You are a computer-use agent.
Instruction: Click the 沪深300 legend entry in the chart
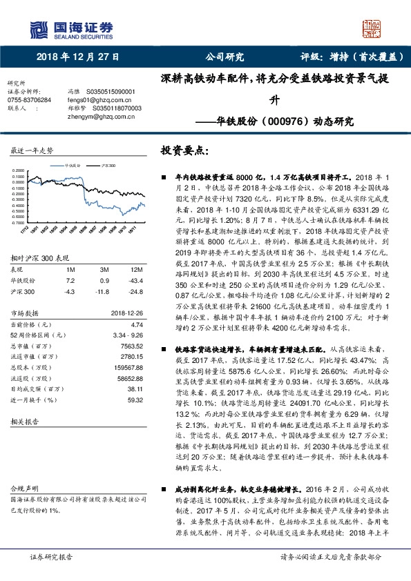click(x=107, y=166)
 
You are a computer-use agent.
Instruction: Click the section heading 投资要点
click(x=182, y=149)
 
